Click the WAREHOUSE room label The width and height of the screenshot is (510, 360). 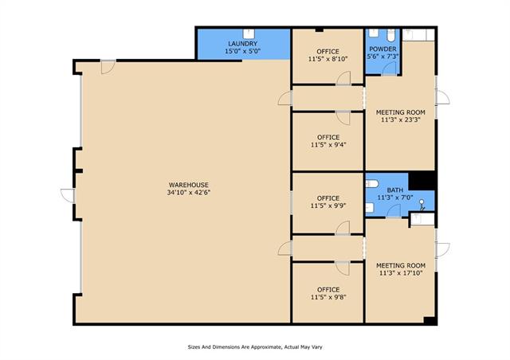click(188, 185)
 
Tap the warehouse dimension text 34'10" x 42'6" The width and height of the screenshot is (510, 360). click(189, 192)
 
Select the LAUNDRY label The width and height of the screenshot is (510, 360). click(242, 44)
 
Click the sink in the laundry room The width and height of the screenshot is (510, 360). click(249, 33)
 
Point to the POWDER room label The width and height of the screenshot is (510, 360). click(382, 49)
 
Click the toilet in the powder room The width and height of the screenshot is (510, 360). click(391, 34)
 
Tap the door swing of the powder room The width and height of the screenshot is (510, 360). click(389, 68)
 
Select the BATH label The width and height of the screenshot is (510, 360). click(395, 190)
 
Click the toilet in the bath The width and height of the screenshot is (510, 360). click(372, 184)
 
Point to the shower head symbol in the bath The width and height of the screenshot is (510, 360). click(422, 205)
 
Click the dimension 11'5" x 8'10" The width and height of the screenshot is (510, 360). click(328, 59)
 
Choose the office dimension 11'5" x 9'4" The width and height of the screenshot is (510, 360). click(328, 145)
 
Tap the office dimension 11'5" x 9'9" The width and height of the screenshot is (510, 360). click(328, 205)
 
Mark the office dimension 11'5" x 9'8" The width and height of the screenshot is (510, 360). click(328, 297)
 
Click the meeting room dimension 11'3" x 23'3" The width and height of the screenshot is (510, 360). click(401, 119)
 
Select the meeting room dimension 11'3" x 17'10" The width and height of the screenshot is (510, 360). click(401, 273)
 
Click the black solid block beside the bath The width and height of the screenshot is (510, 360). click(422, 181)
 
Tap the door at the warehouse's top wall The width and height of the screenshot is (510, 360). click(108, 67)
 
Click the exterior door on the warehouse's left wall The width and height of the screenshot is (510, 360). click(68, 196)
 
